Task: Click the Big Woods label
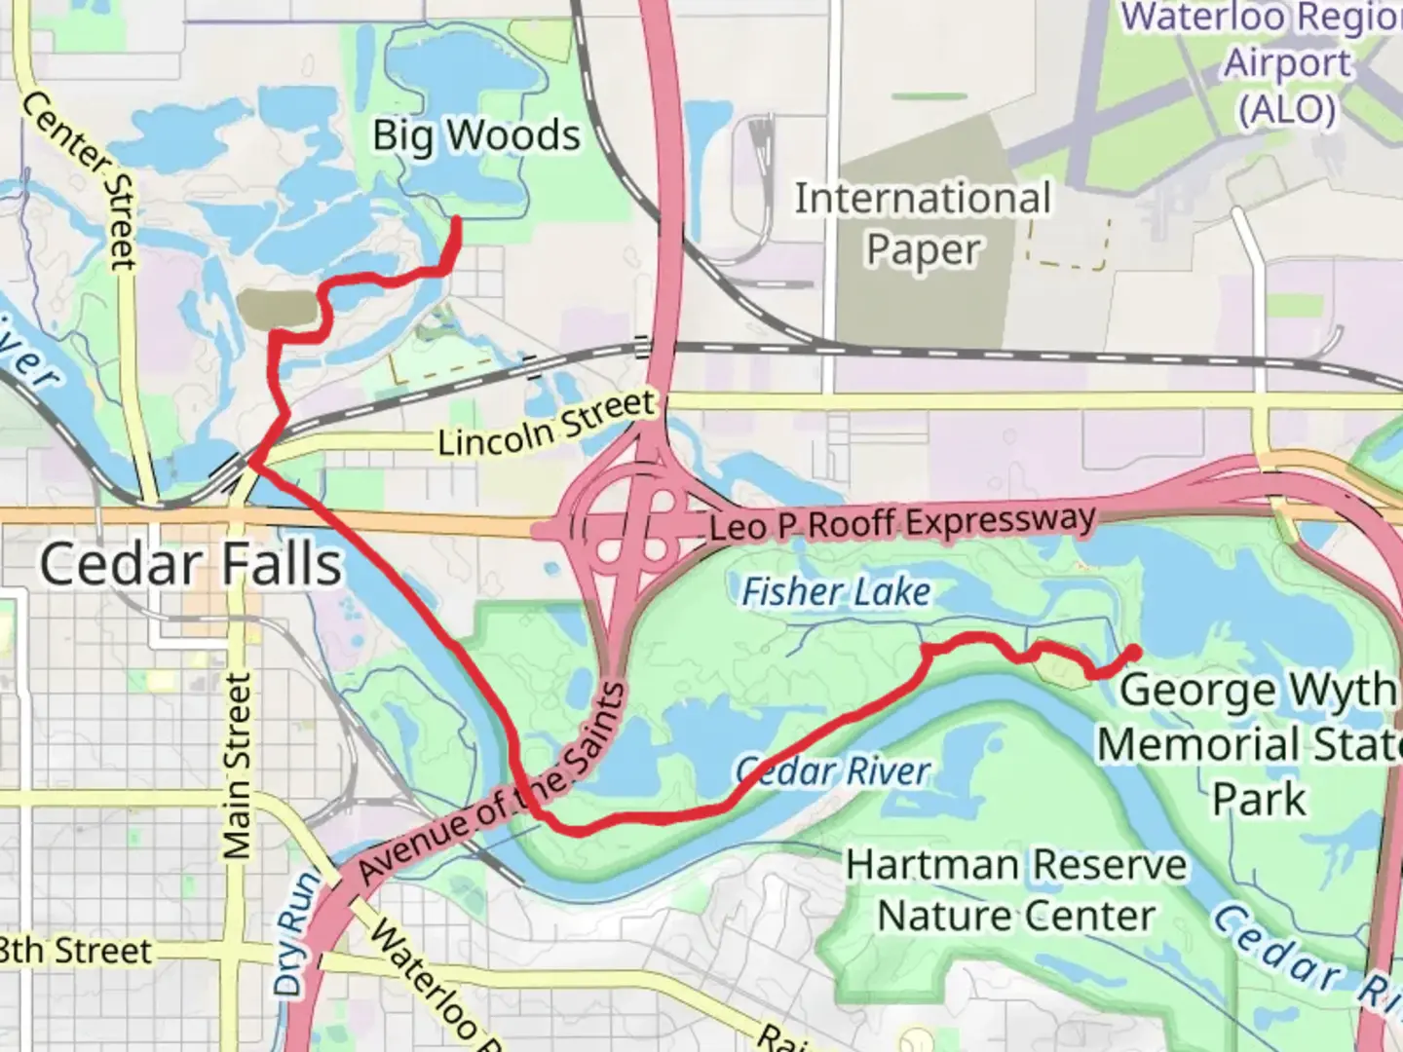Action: pyautogui.click(x=476, y=135)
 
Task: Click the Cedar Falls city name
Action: pyautogui.click(x=191, y=565)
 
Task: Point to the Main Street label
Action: pyautogui.click(x=237, y=765)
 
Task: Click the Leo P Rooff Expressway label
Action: pyautogui.click(x=901, y=523)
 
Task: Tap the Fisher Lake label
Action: pyautogui.click(x=836, y=591)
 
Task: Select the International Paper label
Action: pyautogui.click(x=923, y=224)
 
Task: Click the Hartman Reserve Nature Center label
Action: pyautogui.click(x=1016, y=890)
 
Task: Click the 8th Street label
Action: pyautogui.click(x=76, y=951)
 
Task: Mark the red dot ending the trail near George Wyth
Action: pyautogui.click(x=1133, y=653)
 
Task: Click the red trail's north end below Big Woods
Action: pyautogui.click(x=456, y=222)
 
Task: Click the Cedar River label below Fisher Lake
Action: pyautogui.click(x=834, y=771)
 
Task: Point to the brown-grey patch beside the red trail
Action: pyautogui.click(x=278, y=308)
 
